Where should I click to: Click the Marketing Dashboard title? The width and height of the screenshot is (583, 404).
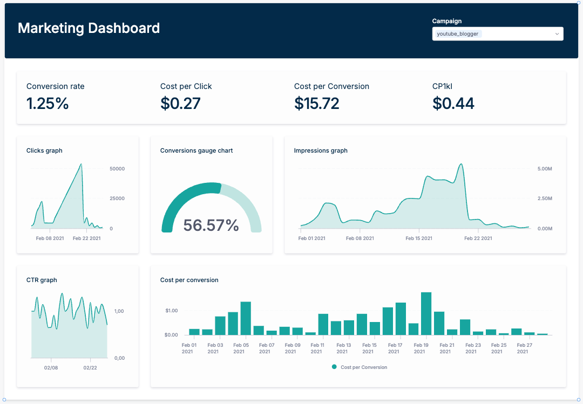pyautogui.click(x=89, y=28)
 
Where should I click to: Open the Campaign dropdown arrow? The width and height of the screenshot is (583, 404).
pyautogui.click(x=557, y=34)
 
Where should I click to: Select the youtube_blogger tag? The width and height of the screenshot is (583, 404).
pyautogui.click(x=457, y=34)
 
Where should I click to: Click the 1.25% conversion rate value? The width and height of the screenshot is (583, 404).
pyautogui.click(x=48, y=103)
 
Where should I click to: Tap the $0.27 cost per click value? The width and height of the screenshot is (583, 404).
pyautogui.click(x=180, y=103)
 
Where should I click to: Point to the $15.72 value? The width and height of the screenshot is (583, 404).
pyautogui.click(x=316, y=103)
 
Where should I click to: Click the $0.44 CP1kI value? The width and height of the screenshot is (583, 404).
pyautogui.click(x=453, y=103)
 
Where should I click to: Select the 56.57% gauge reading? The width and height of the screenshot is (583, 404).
pyautogui.click(x=211, y=225)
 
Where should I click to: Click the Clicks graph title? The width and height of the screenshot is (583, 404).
pyautogui.click(x=44, y=150)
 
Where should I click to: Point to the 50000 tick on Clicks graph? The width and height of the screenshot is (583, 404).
pyautogui.click(x=117, y=169)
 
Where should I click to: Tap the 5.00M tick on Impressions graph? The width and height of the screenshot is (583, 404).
pyautogui.click(x=545, y=169)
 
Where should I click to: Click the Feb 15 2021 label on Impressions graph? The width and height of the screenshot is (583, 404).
pyautogui.click(x=419, y=238)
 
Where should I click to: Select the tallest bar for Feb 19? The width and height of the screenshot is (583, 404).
pyautogui.click(x=426, y=314)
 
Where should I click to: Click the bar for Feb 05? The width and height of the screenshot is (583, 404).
pyautogui.click(x=246, y=318)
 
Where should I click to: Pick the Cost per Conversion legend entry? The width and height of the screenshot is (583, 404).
pyautogui.click(x=360, y=367)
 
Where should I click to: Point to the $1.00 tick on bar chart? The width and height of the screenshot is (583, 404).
pyautogui.click(x=171, y=311)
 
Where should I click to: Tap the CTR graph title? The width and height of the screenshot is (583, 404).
pyautogui.click(x=42, y=280)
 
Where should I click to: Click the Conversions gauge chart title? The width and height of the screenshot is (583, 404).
pyautogui.click(x=196, y=150)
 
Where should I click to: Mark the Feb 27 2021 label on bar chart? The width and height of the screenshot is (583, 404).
pyautogui.click(x=523, y=348)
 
